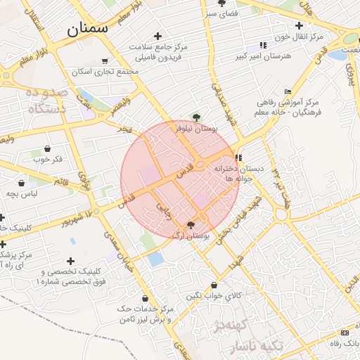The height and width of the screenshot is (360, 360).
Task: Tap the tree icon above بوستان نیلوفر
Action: (x=196, y=117)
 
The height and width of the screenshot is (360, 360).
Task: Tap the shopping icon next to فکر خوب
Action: (x=47, y=148)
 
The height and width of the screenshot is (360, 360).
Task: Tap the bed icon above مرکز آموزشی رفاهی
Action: (x=288, y=91)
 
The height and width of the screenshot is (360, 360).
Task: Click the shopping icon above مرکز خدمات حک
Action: (x=145, y=299)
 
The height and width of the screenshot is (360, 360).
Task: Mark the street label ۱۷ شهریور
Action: (x=74, y=218)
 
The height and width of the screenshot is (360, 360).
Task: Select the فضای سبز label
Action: (x=220, y=13)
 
